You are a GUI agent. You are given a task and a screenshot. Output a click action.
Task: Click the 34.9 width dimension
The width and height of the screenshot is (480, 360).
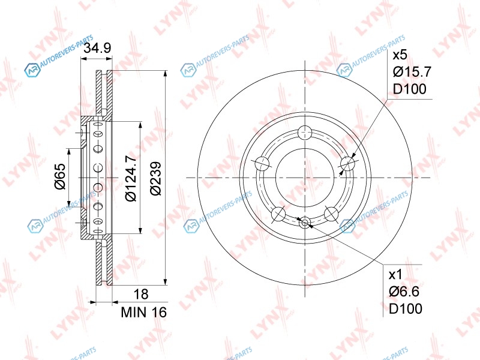(x=97, y=48)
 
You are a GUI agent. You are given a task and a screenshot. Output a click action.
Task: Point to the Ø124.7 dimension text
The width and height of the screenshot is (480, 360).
(x=131, y=178)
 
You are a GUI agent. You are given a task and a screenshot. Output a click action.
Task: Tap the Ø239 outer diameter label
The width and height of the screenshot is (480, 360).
(x=156, y=178)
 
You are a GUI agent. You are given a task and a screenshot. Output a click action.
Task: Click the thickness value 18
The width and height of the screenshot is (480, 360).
(x=141, y=294)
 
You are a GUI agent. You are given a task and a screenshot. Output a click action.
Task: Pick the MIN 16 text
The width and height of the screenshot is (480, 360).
(x=144, y=312)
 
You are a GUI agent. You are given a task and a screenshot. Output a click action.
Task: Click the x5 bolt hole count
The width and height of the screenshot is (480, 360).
(x=400, y=55)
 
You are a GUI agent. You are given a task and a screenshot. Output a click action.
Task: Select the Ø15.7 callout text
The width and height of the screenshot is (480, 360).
(x=412, y=72)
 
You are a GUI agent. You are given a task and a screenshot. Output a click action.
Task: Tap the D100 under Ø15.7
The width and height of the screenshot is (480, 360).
(x=410, y=89)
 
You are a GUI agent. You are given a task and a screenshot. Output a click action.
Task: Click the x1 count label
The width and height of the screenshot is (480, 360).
(x=395, y=275)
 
